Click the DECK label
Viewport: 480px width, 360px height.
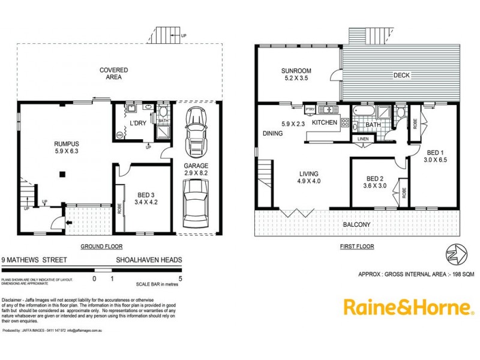401,76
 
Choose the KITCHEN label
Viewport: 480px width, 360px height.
325,122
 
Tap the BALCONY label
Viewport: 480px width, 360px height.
356,225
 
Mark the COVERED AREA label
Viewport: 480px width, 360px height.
113,74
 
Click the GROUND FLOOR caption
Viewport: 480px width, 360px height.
102,247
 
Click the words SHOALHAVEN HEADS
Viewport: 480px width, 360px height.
149,260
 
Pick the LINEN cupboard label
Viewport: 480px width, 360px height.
363,139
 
